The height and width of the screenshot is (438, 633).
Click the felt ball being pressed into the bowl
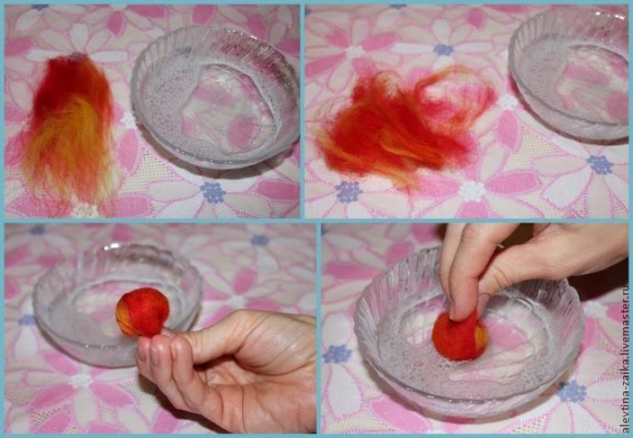(x=460, y=334)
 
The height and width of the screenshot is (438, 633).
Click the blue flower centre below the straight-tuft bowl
(x=213, y=192)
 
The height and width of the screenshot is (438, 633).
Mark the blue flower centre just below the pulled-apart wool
(x=349, y=192)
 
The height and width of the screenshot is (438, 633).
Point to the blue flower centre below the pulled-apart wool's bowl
(x=600, y=165)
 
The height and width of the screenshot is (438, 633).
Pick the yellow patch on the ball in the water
(x=481, y=338)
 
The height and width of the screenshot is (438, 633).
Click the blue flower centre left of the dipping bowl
(x=337, y=354)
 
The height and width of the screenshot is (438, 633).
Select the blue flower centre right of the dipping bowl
(x=572, y=391)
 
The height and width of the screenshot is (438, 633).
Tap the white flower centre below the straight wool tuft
(x=84, y=210)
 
